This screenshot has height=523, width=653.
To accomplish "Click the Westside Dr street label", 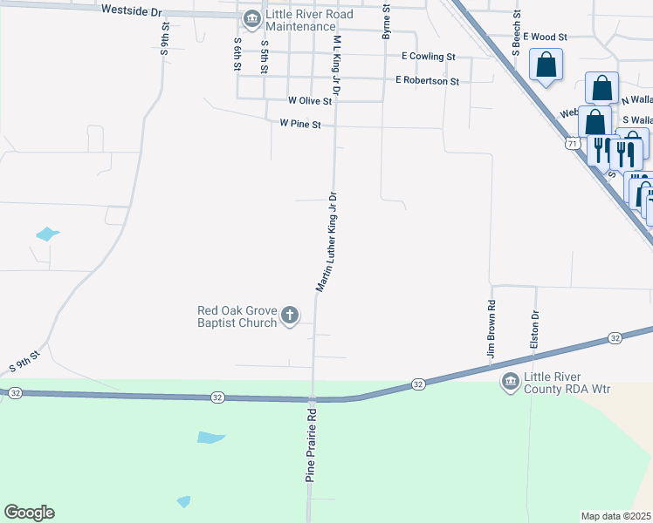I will (x=132, y=11).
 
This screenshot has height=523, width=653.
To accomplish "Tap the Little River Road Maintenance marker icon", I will (x=251, y=18).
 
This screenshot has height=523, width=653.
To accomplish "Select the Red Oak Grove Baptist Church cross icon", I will (x=290, y=316).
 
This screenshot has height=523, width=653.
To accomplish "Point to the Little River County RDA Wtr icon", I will (x=510, y=381).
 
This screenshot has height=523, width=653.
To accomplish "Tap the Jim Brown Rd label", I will (x=491, y=330).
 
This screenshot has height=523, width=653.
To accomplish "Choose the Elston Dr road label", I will (x=535, y=330).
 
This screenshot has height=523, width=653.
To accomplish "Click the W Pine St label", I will (x=300, y=125).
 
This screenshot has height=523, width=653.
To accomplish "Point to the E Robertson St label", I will (x=427, y=80).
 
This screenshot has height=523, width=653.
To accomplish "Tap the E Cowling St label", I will (x=428, y=56).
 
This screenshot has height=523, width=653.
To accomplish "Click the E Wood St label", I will (x=546, y=37).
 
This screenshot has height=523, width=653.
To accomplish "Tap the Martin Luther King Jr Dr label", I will (x=326, y=242).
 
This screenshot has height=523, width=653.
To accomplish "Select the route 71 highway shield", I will (x=571, y=143).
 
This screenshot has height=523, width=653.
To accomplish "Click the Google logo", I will (x=29, y=513).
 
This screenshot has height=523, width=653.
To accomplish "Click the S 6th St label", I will (x=237, y=55).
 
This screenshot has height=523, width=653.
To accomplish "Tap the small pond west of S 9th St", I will (x=47, y=234).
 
